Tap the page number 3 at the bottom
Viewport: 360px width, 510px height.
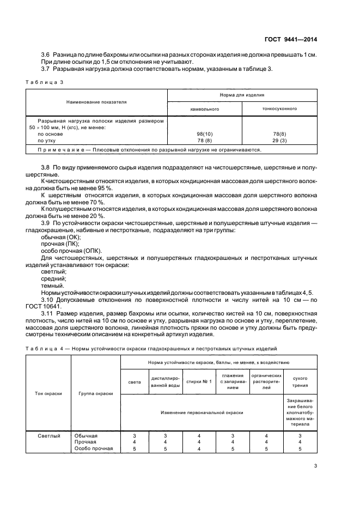pos(315,465)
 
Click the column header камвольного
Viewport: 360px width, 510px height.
pos(203,108)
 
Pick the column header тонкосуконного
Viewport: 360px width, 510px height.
pos(279,108)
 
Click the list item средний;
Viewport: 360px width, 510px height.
pos(52,278)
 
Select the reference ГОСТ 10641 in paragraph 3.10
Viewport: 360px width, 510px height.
pos(59,306)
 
